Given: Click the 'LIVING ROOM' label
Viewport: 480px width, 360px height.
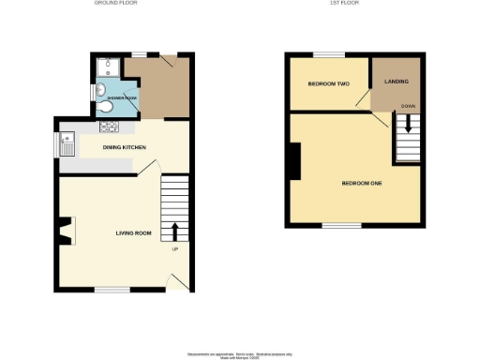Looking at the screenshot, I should click(x=134, y=232).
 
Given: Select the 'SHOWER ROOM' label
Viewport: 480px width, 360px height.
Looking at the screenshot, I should click(x=123, y=97).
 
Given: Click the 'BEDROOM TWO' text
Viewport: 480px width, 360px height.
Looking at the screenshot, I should click(x=328, y=84).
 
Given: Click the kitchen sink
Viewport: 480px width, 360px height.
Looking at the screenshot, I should click(x=67, y=144).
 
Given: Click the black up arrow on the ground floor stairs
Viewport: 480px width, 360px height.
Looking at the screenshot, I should click(x=173, y=232).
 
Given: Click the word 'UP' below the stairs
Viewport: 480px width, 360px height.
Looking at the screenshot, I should click(x=173, y=249).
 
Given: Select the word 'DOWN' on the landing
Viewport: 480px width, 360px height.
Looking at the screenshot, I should click(x=408, y=106).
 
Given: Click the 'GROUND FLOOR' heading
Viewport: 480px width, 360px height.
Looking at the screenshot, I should click(x=117, y=3).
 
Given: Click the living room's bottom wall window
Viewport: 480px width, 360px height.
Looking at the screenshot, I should click(x=112, y=289).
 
